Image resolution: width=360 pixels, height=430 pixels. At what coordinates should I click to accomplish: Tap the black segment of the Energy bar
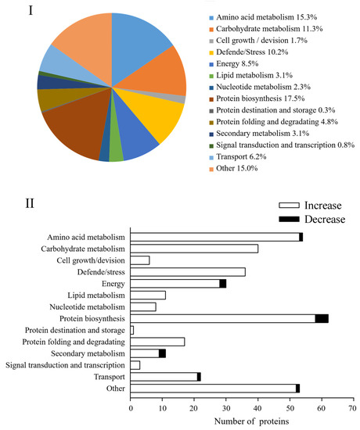(223, 283)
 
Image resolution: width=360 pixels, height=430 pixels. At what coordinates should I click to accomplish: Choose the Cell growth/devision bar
(140, 260)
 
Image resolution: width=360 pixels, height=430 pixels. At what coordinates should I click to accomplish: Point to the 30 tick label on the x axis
(225, 407)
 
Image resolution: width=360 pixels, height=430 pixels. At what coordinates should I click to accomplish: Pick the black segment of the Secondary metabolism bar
(162, 353)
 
